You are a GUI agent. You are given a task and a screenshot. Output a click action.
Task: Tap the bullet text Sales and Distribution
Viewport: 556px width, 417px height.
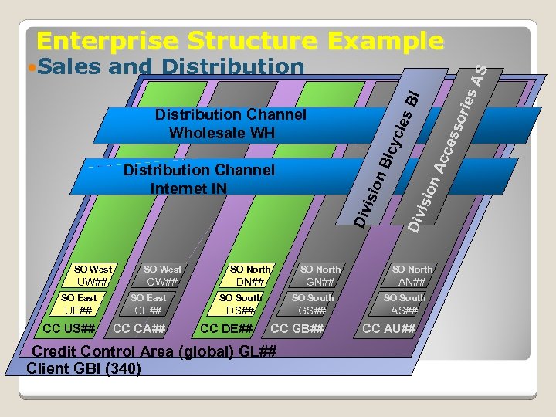coord(170,67)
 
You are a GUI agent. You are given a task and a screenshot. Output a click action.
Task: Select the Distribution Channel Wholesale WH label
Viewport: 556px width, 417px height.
coord(230,124)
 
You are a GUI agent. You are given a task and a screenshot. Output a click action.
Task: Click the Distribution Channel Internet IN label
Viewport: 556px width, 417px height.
coord(198,178)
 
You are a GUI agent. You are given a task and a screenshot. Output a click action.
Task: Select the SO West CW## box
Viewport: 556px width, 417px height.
coord(163,276)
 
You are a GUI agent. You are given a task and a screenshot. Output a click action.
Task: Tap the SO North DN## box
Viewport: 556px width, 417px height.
coord(250,276)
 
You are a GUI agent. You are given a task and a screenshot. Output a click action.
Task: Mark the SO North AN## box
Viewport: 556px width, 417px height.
coord(412,276)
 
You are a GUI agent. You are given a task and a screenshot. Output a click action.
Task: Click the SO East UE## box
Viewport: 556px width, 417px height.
coord(79,304)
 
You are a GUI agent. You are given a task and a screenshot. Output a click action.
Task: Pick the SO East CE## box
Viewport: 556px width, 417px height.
coord(148,304)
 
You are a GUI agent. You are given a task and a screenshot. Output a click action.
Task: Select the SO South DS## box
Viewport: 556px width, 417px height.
coord(240,304)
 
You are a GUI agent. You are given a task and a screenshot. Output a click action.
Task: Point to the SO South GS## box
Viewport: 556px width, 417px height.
coord(313,304)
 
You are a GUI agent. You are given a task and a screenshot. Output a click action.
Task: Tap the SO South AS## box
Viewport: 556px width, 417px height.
coord(405,304)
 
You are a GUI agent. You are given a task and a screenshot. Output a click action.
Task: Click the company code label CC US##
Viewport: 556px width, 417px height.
coord(69,330)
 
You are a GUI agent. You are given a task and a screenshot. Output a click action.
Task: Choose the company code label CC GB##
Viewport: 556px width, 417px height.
coord(297,330)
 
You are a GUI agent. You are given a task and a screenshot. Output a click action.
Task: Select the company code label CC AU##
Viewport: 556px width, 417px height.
coord(389,330)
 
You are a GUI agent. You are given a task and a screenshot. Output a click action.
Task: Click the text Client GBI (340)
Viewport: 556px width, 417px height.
coord(83,368)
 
